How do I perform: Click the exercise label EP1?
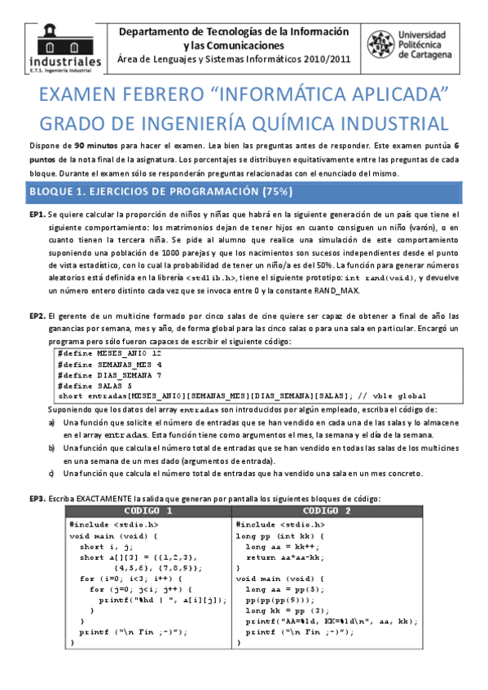(x=37, y=214)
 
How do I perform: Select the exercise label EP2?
(x=37, y=315)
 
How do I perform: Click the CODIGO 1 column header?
(x=147, y=510)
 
